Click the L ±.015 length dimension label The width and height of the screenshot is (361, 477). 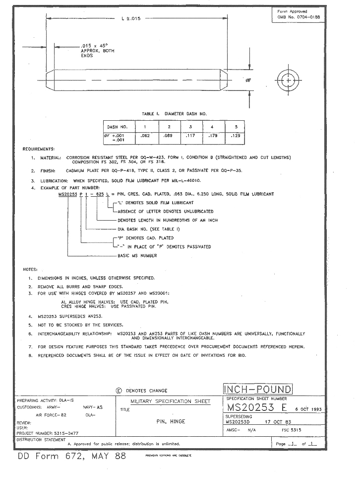[x=131, y=19]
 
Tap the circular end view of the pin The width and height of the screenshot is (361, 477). [x=288, y=80]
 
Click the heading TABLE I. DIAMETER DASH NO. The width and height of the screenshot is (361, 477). [x=174, y=114]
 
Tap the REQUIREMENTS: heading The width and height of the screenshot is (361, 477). [x=39, y=149]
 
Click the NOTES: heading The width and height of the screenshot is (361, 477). [x=31, y=269]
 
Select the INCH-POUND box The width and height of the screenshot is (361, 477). [x=258, y=389]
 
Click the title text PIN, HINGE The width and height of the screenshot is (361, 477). [x=171, y=421]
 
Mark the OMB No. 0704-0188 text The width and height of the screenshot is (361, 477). [x=296, y=17]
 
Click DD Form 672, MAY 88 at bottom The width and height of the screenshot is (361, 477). [x=72, y=456]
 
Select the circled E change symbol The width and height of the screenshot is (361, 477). [x=119, y=391]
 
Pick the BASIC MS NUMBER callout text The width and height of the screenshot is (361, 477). [x=137, y=255]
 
